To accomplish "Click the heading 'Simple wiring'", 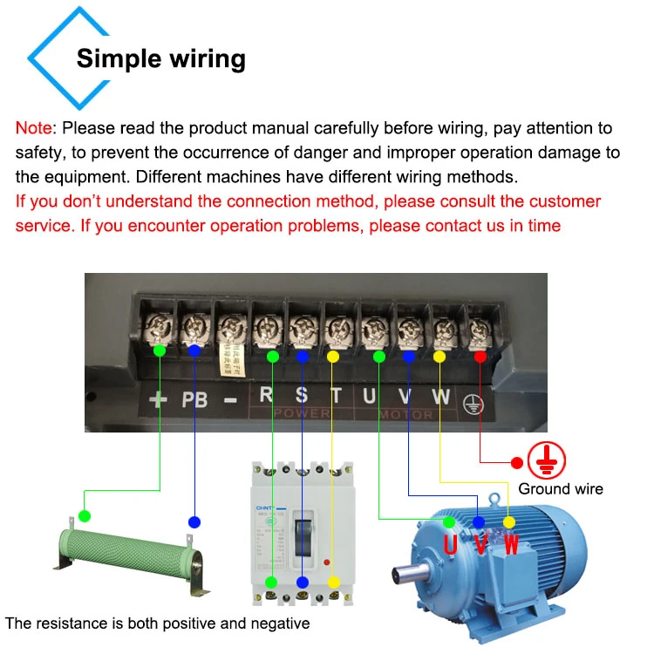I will tap(161, 59).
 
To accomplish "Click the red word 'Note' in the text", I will tap(34, 128).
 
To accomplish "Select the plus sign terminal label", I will tap(158, 401).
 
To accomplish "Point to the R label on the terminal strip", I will tap(266, 394).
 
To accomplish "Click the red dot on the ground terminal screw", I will tap(480, 356).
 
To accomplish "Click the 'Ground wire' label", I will tap(561, 488).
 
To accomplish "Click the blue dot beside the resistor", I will tap(194, 521).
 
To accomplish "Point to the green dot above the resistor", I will tap(85, 515).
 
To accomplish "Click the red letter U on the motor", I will tap(450, 546).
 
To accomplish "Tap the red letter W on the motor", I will tap(512, 546).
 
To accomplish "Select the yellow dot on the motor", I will tap(510, 521).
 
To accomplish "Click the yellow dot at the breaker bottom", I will tap(333, 582).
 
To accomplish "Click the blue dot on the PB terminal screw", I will tap(194, 350).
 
